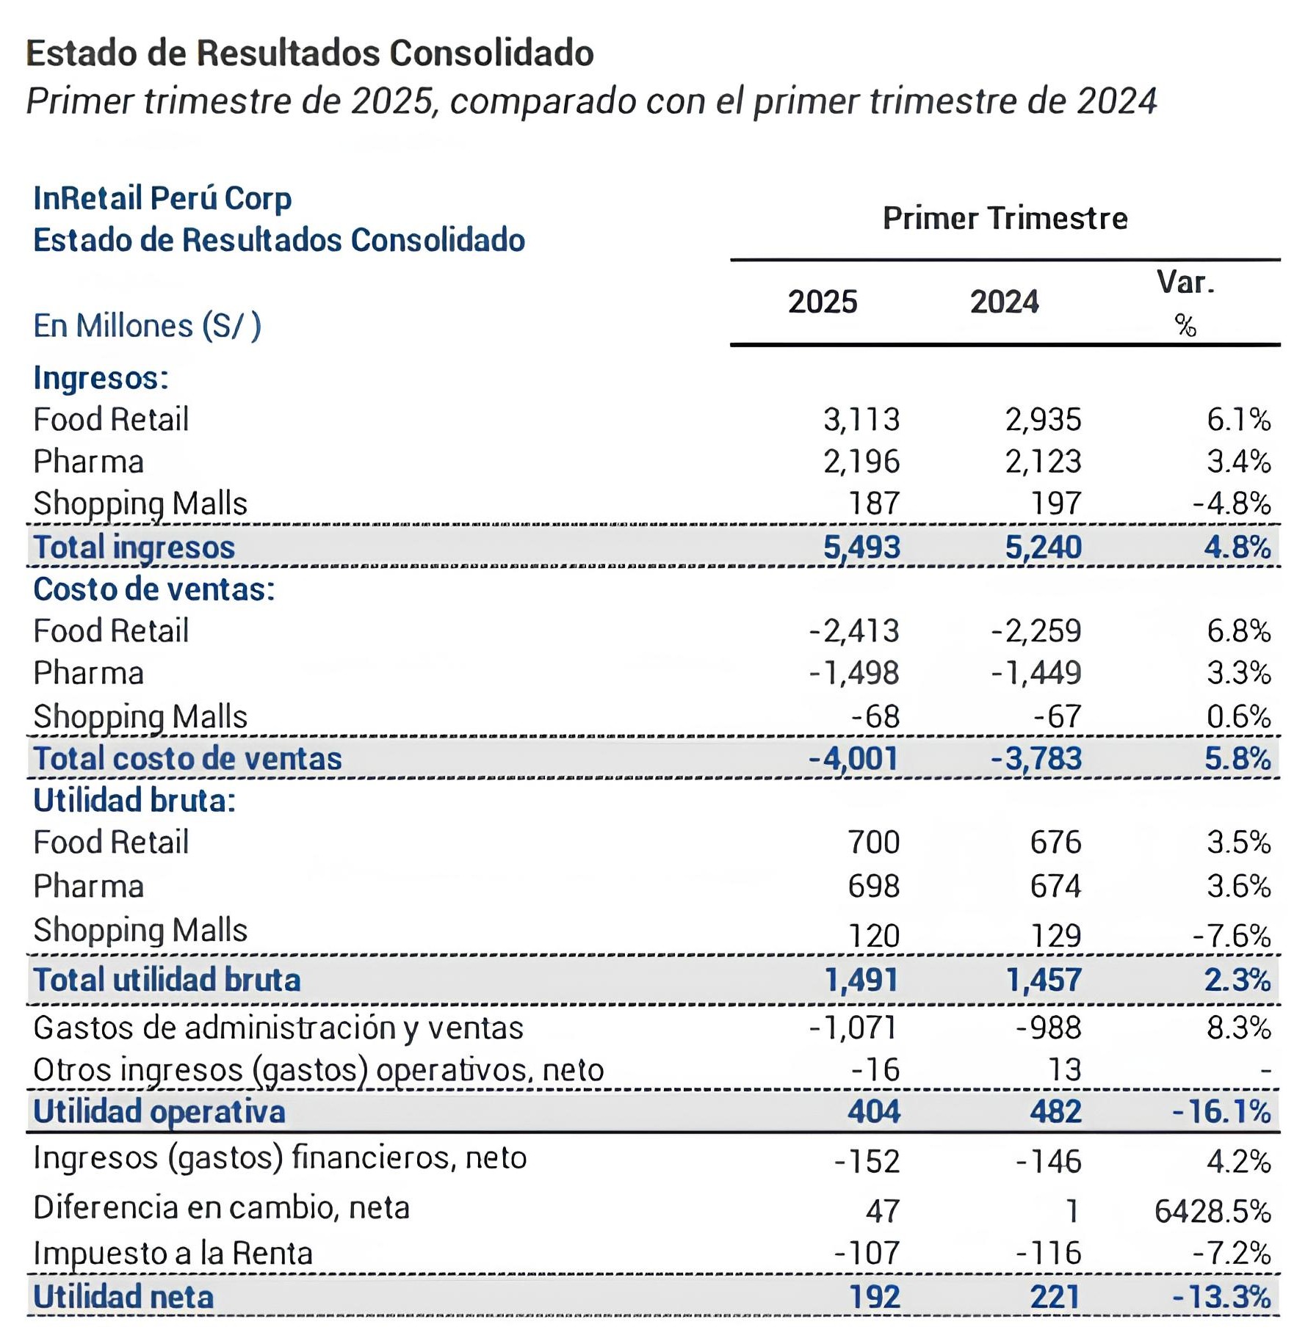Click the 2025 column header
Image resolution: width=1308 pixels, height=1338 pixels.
[x=822, y=302]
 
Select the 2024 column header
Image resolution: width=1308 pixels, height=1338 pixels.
[x=1004, y=302]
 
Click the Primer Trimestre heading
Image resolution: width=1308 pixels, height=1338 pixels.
[x=1004, y=218]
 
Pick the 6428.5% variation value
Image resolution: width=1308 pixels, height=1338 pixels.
[x=1212, y=1210]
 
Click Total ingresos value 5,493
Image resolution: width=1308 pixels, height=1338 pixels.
[x=861, y=547]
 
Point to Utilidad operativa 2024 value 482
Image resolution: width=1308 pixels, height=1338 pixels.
[x=1055, y=1111]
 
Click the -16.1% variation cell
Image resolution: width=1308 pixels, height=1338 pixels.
[x=1221, y=1111]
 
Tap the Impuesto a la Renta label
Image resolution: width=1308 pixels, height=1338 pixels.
[x=173, y=1253]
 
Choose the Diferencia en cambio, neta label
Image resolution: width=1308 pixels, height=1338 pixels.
[x=221, y=1207]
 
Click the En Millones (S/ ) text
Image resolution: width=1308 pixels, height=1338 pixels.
[x=147, y=326]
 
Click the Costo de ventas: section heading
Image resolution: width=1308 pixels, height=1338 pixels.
[x=154, y=589]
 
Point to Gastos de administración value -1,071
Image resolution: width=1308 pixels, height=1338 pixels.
[x=853, y=1028]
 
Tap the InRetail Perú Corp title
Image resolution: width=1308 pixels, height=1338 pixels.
[x=162, y=198]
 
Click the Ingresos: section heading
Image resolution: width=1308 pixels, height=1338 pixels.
[x=101, y=378]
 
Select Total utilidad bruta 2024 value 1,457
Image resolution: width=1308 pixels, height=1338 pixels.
[x=1043, y=980]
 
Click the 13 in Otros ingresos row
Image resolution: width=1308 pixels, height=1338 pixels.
[x=1063, y=1069]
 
